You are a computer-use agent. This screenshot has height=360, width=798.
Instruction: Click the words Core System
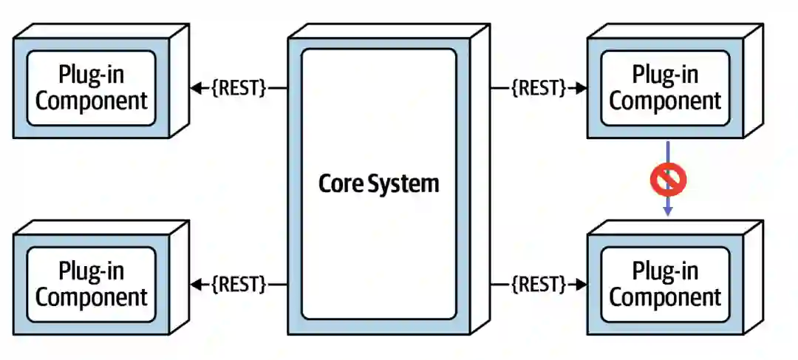click(x=378, y=183)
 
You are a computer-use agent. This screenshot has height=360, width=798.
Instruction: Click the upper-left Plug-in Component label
click(x=92, y=87)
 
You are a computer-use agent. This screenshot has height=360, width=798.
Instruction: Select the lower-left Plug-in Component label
click(x=92, y=284)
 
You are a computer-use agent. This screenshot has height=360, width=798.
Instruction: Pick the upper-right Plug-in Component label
click(x=665, y=87)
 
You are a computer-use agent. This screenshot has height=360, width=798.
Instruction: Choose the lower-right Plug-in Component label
click(x=665, y=284)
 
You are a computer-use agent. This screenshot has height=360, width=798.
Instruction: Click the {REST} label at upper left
click(x=239, y=88)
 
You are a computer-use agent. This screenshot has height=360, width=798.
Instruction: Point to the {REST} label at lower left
click(x=239, y=284)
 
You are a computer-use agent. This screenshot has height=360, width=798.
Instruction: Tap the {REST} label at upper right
click(x=539, y=88)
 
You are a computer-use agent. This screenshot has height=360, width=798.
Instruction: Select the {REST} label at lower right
click(x=539, y=284)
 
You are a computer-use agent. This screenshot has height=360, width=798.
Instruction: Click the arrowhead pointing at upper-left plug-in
click(x=196, y=88)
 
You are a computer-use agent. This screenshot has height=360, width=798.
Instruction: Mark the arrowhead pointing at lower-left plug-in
click(x=196, y=284)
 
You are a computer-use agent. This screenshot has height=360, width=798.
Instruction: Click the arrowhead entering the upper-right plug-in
click(x=582, y=88)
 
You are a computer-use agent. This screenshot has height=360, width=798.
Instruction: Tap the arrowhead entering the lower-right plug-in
click(x=582, y=284)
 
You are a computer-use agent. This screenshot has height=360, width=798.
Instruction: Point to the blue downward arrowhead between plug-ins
click(x=668, y=211)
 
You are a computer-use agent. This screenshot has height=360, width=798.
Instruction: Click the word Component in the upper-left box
click(x=92, y=101)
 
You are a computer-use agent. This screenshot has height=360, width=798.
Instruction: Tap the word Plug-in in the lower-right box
click(x=665, y=271)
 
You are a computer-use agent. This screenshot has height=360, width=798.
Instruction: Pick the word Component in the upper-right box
click(x=665, y=101)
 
